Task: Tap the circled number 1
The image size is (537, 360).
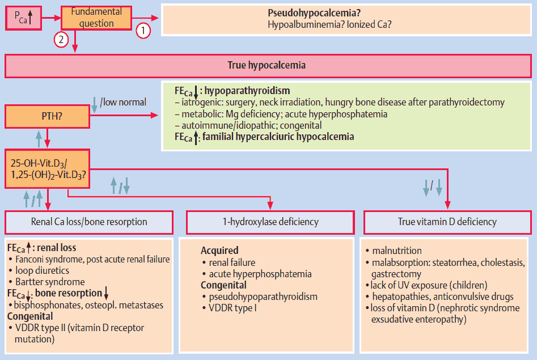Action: tap(143, 30)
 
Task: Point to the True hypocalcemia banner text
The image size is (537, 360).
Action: tap(267, 65)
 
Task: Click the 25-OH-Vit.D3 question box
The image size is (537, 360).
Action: tap(48, 168)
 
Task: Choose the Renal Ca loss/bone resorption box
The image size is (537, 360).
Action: tap(89, 222)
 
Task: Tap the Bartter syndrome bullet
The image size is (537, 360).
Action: tap(50, 282)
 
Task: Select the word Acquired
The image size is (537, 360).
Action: tap(219, 251)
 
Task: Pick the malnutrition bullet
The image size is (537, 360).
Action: tap(397, 251)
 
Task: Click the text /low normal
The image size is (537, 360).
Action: tap(123, 102)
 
